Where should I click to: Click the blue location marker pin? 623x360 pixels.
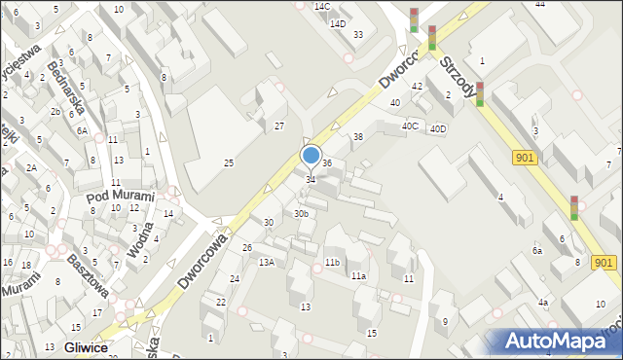click(311, 156)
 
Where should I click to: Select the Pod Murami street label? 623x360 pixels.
click(121, 196)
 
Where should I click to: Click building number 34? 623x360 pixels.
click(311, 180)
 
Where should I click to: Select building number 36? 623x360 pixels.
click(328, 163)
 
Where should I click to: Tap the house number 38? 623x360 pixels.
click(357, 137)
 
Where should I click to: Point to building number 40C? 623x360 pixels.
click(411, 126)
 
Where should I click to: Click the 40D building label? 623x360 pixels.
click(439, 128)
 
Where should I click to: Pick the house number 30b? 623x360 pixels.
click(302, 213)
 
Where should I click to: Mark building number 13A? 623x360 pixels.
click(266, 262)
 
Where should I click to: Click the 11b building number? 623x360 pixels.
click(332, 262)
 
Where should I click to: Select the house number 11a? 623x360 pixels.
click(358, 276)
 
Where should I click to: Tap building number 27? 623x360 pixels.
click(279, 126)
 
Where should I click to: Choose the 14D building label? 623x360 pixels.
click(338, 23)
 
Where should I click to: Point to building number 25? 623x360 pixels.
click(229, 162)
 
